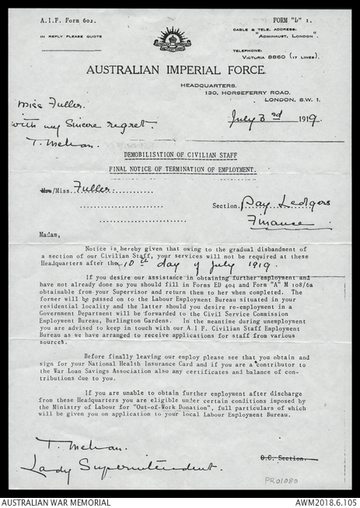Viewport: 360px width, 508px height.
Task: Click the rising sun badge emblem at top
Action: point(172,38)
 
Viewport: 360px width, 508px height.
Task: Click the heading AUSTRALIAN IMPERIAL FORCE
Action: point(175,69)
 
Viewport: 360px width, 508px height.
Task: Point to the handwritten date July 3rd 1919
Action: point(274,120)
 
